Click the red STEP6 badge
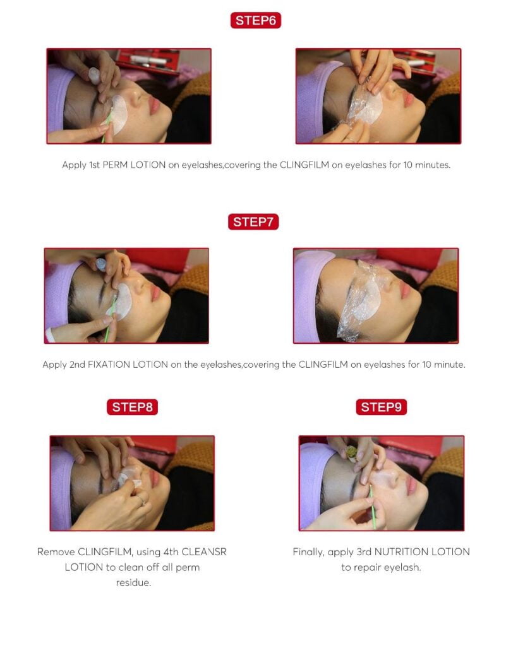pos(256,20)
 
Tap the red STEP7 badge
pos(253,221)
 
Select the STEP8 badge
pos(133,407)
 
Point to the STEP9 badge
pos(381,407)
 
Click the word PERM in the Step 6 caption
pos(115,165)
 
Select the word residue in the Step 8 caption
pos(133,582)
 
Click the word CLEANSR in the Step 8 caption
pos(203,551)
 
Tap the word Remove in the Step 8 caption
pos(56,551)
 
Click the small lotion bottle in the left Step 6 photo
pos(94,76)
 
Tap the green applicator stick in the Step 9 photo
pos(372,507)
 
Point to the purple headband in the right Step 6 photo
pos(312,100)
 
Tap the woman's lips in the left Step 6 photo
pos(154,106)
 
